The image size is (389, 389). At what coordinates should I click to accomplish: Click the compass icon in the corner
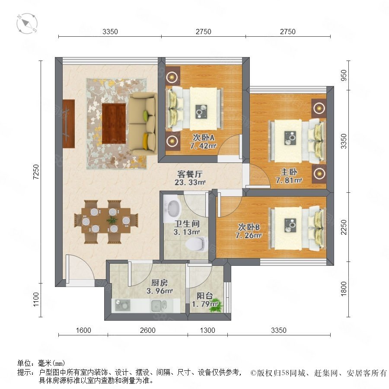27,24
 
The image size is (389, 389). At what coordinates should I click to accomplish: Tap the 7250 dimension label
36,172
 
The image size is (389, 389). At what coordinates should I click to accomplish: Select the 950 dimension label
344,75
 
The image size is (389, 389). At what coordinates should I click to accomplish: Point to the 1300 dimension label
207,330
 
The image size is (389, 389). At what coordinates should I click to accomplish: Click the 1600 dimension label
83,330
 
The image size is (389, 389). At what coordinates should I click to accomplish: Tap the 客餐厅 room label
190,174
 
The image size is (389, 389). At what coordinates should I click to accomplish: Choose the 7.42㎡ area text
203,146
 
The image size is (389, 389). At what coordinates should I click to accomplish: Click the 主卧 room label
289,172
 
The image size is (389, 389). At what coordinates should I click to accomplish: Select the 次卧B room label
249,227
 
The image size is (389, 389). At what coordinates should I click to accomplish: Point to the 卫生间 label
187,224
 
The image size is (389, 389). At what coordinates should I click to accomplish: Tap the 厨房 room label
159,282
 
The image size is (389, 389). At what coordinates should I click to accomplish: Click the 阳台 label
205,296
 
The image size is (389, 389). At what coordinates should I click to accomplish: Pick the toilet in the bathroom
197,243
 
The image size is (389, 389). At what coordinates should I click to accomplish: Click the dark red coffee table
114,124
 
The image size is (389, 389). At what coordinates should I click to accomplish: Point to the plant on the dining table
112,220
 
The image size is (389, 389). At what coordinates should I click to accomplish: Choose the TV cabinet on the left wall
69,124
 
